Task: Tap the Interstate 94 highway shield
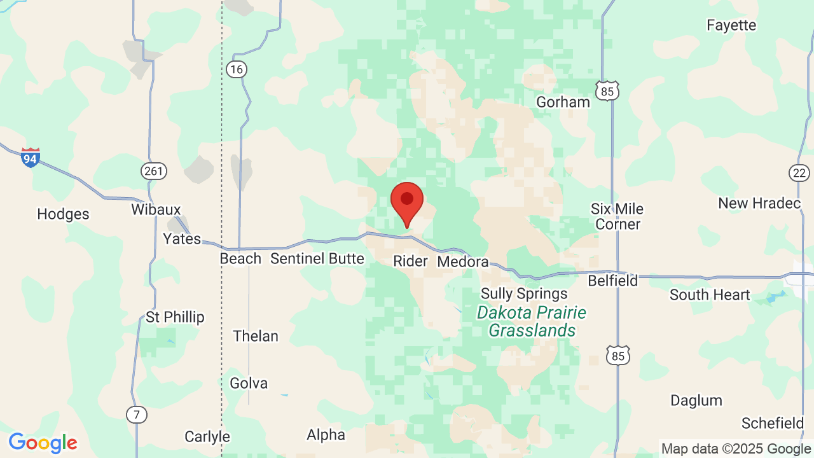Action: pos(30,157)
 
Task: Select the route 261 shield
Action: pos(153,170)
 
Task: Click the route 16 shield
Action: pos(237,69)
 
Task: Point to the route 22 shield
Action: pos(799,172)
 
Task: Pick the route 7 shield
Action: pos(137,415)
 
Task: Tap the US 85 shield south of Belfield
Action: pos(619,356)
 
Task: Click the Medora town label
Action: pos(463,261)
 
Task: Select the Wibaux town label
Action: pos(156,209)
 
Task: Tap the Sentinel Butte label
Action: pos(317,258)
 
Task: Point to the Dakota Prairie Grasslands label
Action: pos(532,321)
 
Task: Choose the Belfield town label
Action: pos(612,281)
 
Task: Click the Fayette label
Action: pos(731,25)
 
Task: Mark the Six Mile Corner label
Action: pos(617,216)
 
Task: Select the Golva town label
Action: pos(249,383)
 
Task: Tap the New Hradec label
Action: pos(759,203)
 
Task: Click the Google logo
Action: pos(43,443)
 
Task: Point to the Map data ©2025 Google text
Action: pos(736,448)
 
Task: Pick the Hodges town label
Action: pos(63,214)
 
